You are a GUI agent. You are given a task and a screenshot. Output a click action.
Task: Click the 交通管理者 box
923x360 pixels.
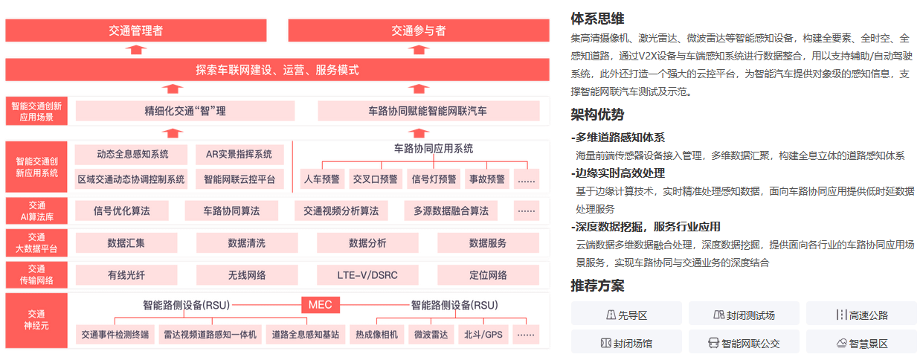click(135, 30)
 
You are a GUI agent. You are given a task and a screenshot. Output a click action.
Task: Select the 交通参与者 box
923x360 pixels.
click(419, 30)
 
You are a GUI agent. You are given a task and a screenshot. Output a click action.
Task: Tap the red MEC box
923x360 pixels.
click(321, 305)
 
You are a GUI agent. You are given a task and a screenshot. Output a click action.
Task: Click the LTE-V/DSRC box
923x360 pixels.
click(367, 274)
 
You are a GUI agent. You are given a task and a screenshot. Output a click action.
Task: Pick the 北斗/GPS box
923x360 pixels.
click(484, 335)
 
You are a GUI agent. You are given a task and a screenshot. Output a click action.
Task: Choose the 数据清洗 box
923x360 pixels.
click(246, 243)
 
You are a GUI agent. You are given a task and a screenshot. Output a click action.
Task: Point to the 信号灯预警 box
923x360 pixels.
click(434, 179)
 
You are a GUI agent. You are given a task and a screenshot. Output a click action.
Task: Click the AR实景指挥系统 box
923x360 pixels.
click(239, 155)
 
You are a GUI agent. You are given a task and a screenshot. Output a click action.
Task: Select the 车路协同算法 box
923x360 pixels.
click(231, 210)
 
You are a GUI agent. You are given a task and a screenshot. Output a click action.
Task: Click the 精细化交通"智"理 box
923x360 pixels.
click(185, 112)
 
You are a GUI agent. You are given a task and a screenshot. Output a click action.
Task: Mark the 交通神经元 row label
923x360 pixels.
click(36, 321)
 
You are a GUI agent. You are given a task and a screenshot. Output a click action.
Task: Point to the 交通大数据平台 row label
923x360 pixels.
click(36, 242)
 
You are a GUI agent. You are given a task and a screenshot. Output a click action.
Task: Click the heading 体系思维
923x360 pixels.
click(597, 19)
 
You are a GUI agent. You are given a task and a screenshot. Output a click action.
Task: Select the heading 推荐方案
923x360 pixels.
click(597, 286)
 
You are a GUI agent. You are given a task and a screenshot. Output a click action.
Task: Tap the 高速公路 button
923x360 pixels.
click(861, 315)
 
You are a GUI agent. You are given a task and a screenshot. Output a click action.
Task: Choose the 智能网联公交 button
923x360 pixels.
click(744, 344)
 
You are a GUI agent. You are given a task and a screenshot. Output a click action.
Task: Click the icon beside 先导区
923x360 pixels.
click(611, 315)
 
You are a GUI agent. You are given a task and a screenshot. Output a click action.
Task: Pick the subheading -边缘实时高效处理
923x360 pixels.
click(618, 173)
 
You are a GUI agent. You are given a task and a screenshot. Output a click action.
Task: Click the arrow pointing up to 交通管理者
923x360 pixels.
click(135, 50)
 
